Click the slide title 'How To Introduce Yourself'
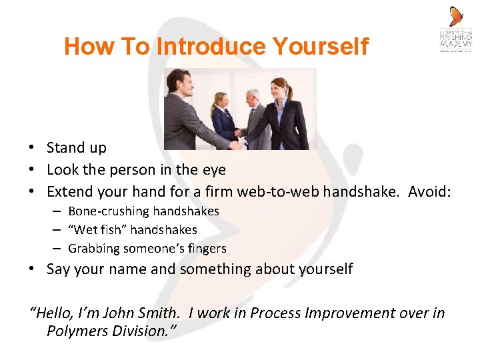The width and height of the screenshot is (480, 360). click(x=216, y=47)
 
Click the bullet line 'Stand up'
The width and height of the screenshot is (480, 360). click(x=76, y=148)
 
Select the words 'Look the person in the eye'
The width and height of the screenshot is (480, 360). click(x=136, y=170)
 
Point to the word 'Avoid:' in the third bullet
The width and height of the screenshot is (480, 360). click(x=429, y=192)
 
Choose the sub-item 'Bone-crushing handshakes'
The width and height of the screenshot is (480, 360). click(x=143, y=211)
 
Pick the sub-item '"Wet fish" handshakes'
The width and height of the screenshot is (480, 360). click(x=133, y=230)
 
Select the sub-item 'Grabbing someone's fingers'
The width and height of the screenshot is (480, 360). click(x=147, y=249)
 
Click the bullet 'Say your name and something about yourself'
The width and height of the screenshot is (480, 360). click(x=199, y=269)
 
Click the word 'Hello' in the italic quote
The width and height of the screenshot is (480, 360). click(x=54, y=313)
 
